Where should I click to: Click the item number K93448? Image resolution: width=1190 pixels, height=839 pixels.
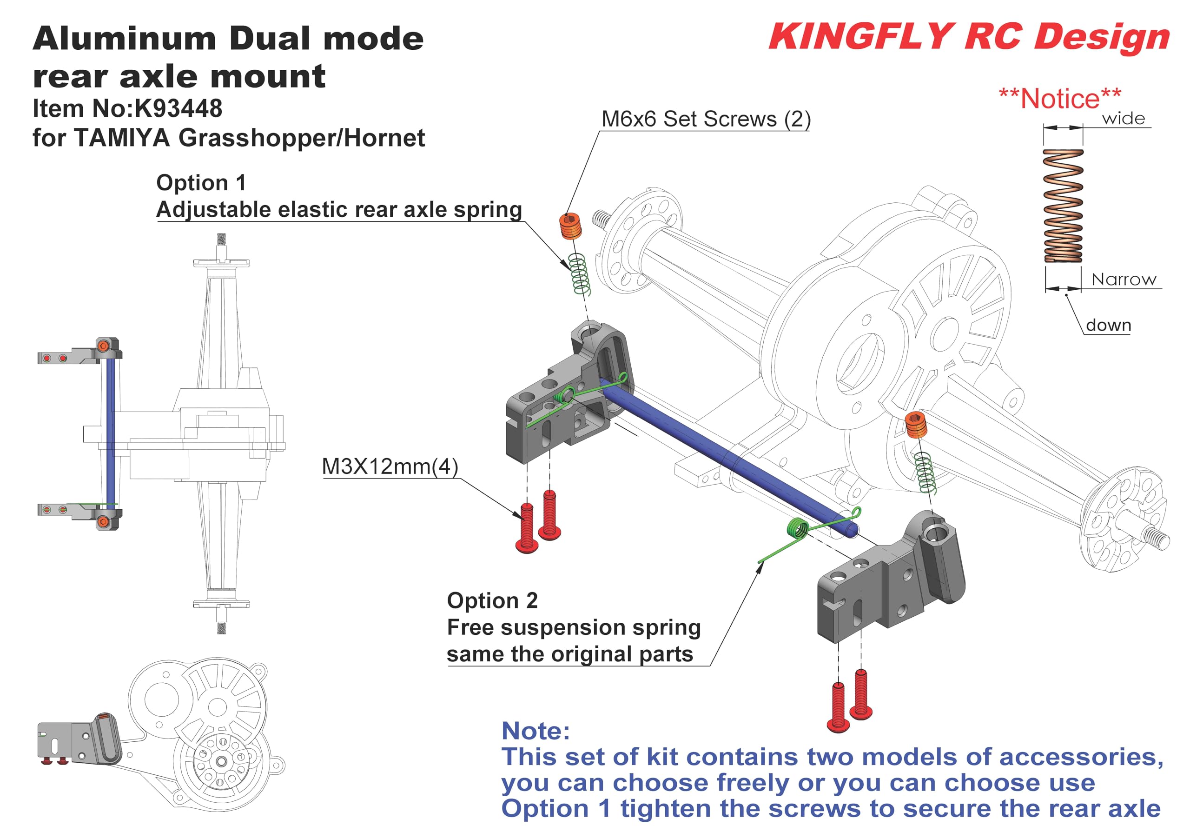(178, 108)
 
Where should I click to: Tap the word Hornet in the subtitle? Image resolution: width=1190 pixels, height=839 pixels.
(384, 138)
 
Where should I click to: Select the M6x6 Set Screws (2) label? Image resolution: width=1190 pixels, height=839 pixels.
(705, 119)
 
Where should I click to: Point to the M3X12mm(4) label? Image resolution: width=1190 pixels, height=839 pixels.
(390, 466)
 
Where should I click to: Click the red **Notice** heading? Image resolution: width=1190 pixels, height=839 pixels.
(1060, 99)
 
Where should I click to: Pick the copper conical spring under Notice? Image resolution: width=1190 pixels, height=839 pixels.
(1063, 206)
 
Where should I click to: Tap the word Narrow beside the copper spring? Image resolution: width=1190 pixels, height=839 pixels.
(1123, 280)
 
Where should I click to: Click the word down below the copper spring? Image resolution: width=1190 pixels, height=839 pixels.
(1108, 325)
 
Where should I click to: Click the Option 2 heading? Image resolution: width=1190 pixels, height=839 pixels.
(492, 600)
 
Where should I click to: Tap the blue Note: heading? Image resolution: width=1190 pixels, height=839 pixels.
(535, 731)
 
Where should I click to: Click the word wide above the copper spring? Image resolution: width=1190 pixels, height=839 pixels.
(1123, 119)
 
